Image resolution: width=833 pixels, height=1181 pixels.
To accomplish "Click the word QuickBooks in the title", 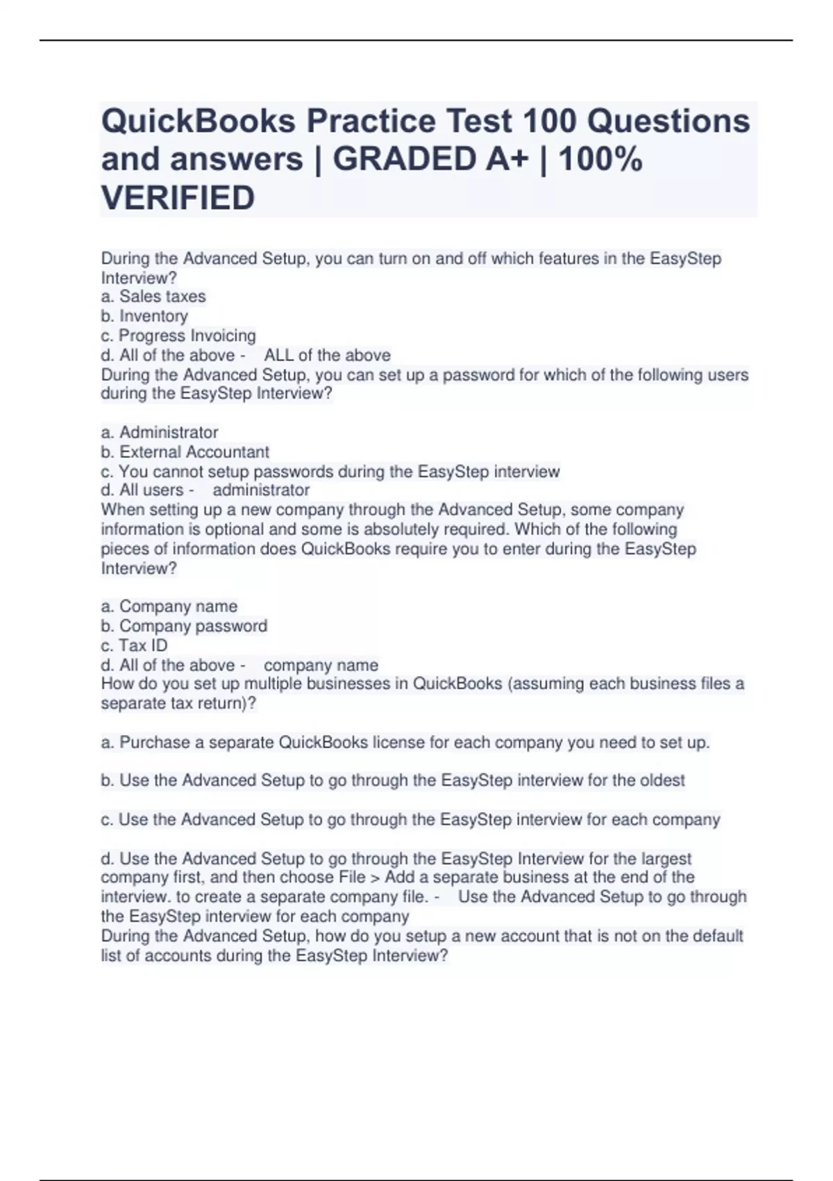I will pyautogui.click(x=199, y=122).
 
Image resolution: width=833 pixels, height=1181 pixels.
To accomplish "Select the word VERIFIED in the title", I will pyautogui.click(x=178, y=198).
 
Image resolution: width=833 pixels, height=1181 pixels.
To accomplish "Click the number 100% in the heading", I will pyautogui.click(x=600, y=160).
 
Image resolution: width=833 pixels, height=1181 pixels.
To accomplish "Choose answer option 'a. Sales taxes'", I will pyautogui.click(x=153, y=297).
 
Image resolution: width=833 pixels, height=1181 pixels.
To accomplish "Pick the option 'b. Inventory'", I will pyautogui.click(x=144, y=316).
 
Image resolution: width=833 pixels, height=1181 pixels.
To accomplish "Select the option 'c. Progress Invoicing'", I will pyautogui.click(x=178, y=336).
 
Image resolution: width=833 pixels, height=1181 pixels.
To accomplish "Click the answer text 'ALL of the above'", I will pyautogui.click(x=327, y=355).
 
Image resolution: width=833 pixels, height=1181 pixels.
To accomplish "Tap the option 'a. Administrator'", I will pyautogui.click(x=160, y=432).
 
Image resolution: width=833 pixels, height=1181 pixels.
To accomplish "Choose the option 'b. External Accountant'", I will pyautogui.click(x=185, y=452).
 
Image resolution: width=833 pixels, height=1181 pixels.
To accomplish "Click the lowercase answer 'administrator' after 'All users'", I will pyautogui.click(x=261, y=490).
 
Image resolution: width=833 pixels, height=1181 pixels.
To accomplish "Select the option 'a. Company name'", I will pyautogui.click(x=169, y=606).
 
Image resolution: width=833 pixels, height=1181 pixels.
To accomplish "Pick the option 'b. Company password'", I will pyautogui.click(x=184, y=626).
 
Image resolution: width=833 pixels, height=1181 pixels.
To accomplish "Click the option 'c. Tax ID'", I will pyautogui.click(x=134, y=645).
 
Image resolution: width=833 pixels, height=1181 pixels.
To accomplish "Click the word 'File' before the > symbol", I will pyautogui.click(x=352, y=877).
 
